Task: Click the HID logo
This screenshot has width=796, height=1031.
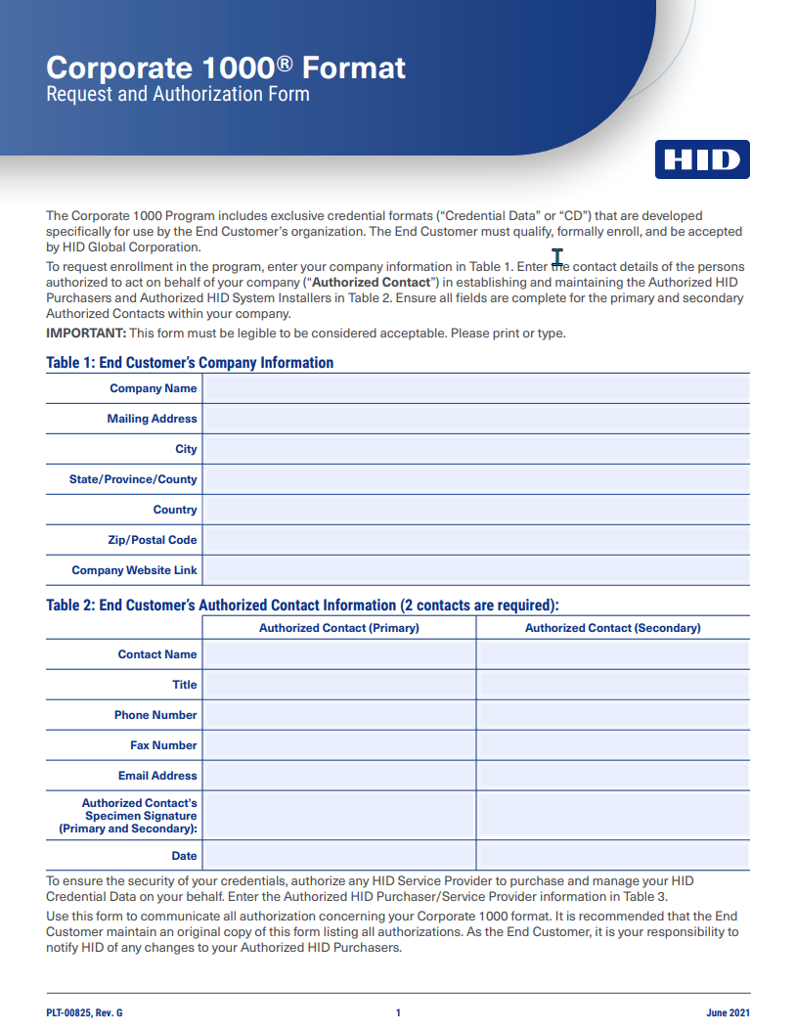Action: (702, 159)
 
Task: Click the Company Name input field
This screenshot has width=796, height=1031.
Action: (476, 388)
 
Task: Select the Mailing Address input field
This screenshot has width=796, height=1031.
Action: (476, 419)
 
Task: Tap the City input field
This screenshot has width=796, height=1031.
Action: (476, 449)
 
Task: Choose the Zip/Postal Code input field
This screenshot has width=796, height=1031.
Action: (476, 540)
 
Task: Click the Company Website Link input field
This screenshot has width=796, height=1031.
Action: (476, 570)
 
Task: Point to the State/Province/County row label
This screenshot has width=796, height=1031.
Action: (133, 479)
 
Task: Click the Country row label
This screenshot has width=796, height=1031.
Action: (175, 510)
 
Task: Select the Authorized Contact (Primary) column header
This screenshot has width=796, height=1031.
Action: (338, 628)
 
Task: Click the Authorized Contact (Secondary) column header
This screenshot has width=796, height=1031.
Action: (612, 628)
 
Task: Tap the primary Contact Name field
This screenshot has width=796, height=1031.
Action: (338, 654)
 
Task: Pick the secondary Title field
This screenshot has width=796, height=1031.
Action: (613, 685)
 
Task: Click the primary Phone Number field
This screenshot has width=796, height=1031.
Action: (338, 715)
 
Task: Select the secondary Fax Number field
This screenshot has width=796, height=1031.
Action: (613, 745)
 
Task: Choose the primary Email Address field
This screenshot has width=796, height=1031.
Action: (338, 776)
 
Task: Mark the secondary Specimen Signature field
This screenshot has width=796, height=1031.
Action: (613, 815)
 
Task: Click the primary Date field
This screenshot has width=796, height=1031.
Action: (338, 856)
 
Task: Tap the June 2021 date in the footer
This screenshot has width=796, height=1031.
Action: (728, 1013)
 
